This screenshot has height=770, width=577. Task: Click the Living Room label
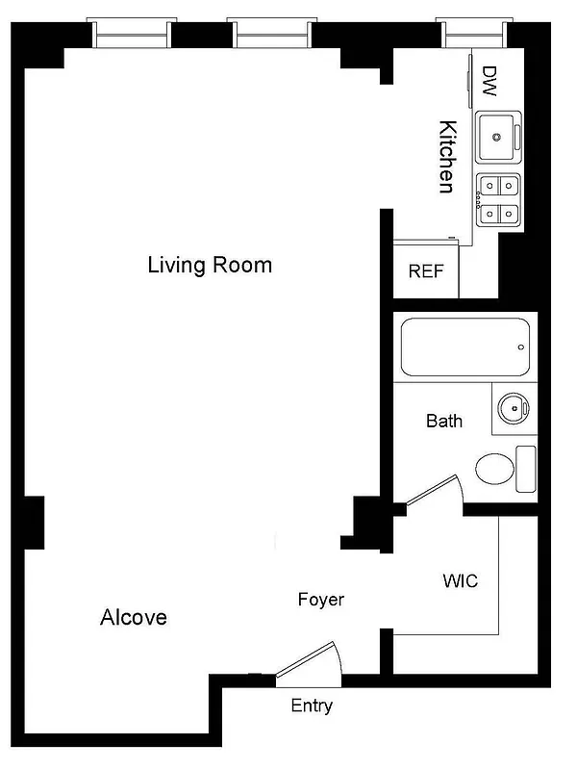210,265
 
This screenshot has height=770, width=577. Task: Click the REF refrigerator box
427,270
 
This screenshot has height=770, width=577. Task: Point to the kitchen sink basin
498,138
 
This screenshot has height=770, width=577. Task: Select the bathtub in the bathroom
463,347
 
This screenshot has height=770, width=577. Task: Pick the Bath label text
444,421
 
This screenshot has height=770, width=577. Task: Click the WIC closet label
460,581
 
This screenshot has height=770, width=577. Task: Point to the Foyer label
320,600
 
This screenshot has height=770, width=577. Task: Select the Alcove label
134,617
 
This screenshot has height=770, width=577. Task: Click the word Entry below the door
312,706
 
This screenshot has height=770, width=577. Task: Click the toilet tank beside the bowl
525,469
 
